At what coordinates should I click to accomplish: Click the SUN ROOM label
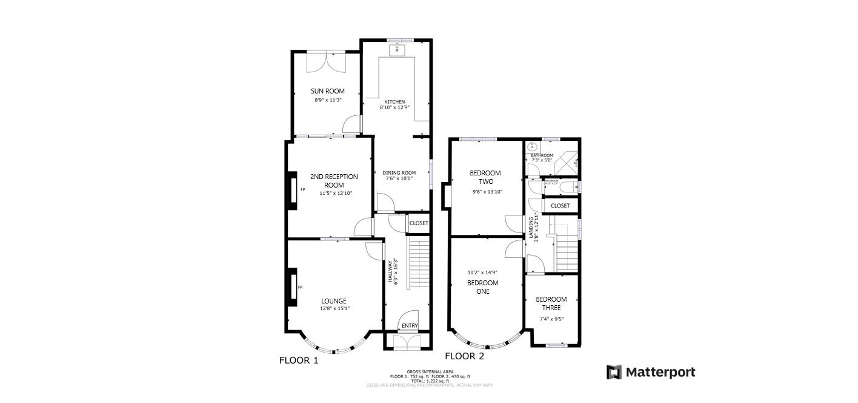[x=327, y=91]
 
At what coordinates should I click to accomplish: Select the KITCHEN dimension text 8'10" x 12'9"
[x=394, y=107]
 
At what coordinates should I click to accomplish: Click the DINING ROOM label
[x=401, y=173]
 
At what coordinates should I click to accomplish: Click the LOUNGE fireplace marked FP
[x=293, y=287]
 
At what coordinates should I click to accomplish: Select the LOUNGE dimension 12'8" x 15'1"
[x=334, y=309]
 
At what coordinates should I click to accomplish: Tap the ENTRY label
[x=410, y=326]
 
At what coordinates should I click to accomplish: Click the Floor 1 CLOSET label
[x=419, y=223]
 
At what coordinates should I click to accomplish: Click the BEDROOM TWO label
[x=485, y=177]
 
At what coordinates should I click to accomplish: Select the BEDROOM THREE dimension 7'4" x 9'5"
[x=551, y=319]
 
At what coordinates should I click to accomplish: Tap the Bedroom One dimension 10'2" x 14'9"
[x=482, y=273]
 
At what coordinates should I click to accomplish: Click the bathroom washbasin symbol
[x=532, y=146]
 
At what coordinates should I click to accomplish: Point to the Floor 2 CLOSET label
[x=560, y=206]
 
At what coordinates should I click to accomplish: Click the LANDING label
[x=531, y=228]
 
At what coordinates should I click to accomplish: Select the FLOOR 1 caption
[x=298, y=360]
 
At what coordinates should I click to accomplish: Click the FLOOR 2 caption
[x=464, y=356]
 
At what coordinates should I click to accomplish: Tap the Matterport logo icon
[x=614, y=372]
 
